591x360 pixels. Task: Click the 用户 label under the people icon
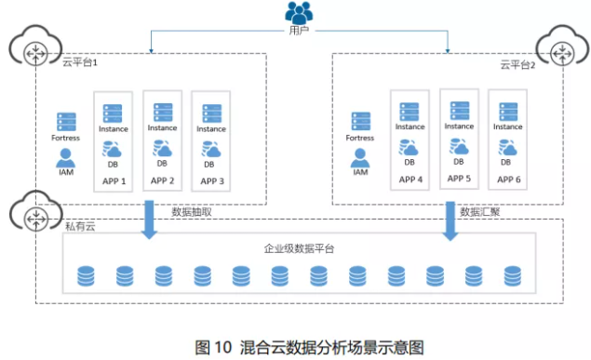298,32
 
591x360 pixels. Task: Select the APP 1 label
112,180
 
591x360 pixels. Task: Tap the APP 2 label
162,180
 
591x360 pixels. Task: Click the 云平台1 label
80,63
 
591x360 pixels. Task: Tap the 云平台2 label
517,64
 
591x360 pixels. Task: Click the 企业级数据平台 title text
300,248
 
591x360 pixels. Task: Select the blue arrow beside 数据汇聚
450,220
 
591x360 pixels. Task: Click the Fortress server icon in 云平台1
66,122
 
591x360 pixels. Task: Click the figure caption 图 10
212,347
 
